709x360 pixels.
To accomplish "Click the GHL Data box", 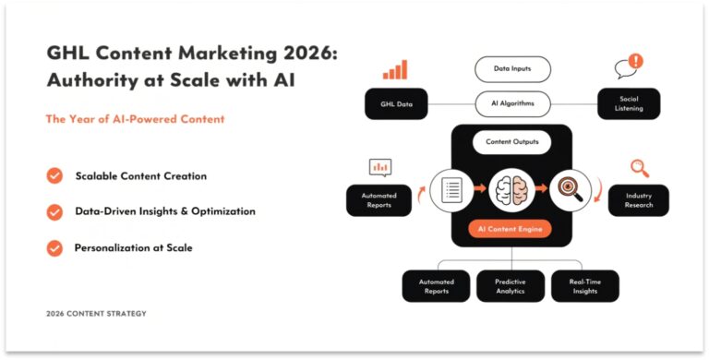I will [397, 104].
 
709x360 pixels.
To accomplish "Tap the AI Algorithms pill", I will [512, 103].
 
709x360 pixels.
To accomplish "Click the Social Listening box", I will [628, 103].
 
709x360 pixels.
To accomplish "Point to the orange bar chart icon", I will [395, 70].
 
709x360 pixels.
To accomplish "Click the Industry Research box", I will [638, 200].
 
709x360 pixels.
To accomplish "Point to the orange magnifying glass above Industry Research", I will [639, 168].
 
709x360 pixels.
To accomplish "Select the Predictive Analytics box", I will [511, 286].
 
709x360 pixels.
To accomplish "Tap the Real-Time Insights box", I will [584, 286].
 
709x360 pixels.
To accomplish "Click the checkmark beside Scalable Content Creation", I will [55, 175].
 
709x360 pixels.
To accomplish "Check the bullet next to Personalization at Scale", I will [55, 247].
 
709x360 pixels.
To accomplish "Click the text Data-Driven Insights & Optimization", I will [165, 211].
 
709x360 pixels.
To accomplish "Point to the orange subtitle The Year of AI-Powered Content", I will [136, 119].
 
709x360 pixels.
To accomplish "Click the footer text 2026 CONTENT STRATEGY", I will [96, 314].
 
